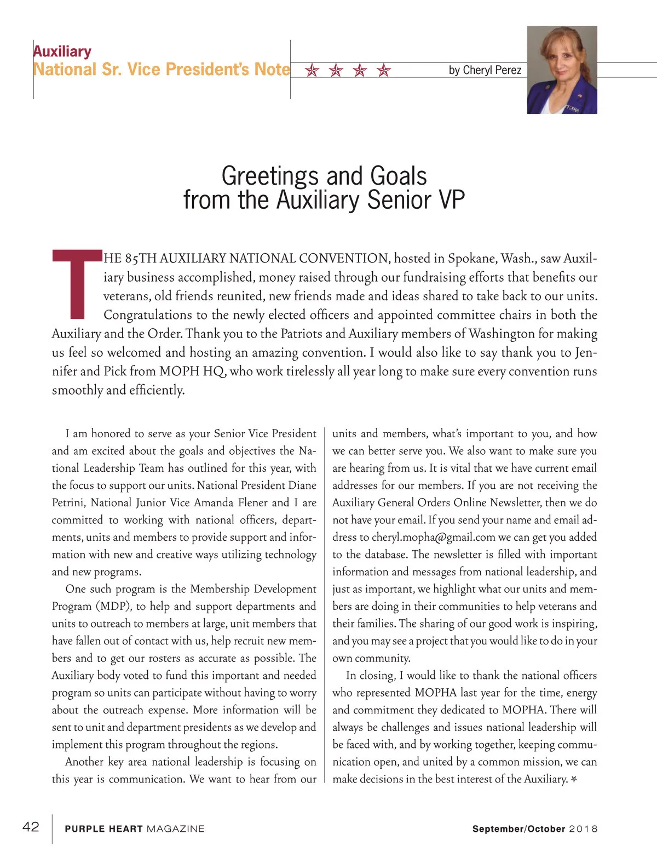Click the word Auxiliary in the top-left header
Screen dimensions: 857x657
click(62, 52)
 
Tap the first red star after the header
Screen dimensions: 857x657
click(312, 70)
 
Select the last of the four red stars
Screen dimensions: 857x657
click(384, 70)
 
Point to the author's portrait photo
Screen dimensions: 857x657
click(562, 70)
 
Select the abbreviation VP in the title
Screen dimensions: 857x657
click(451, 200)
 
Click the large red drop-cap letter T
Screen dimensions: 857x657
click(77, 284)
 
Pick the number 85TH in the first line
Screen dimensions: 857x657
click(140, 258)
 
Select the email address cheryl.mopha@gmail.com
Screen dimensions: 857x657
click(434, 537)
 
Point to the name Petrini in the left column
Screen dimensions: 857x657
click(68, 502)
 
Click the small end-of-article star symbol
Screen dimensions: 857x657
click(574, 779)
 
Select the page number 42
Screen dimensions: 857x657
click(31, 827)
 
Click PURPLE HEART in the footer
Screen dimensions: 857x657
click(103, 829)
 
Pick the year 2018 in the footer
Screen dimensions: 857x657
click(583, 829)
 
